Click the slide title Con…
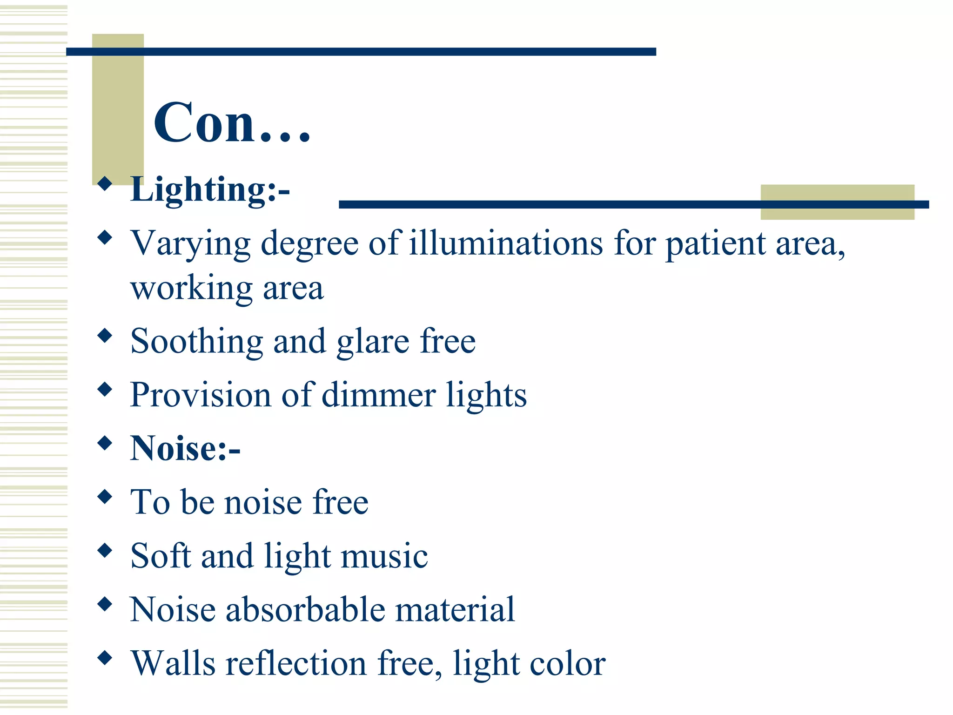232,123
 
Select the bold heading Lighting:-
210,190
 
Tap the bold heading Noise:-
185,448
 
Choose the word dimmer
378,395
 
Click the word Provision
201,395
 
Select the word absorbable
305,609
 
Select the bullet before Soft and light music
106,550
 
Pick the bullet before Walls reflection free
106,657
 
